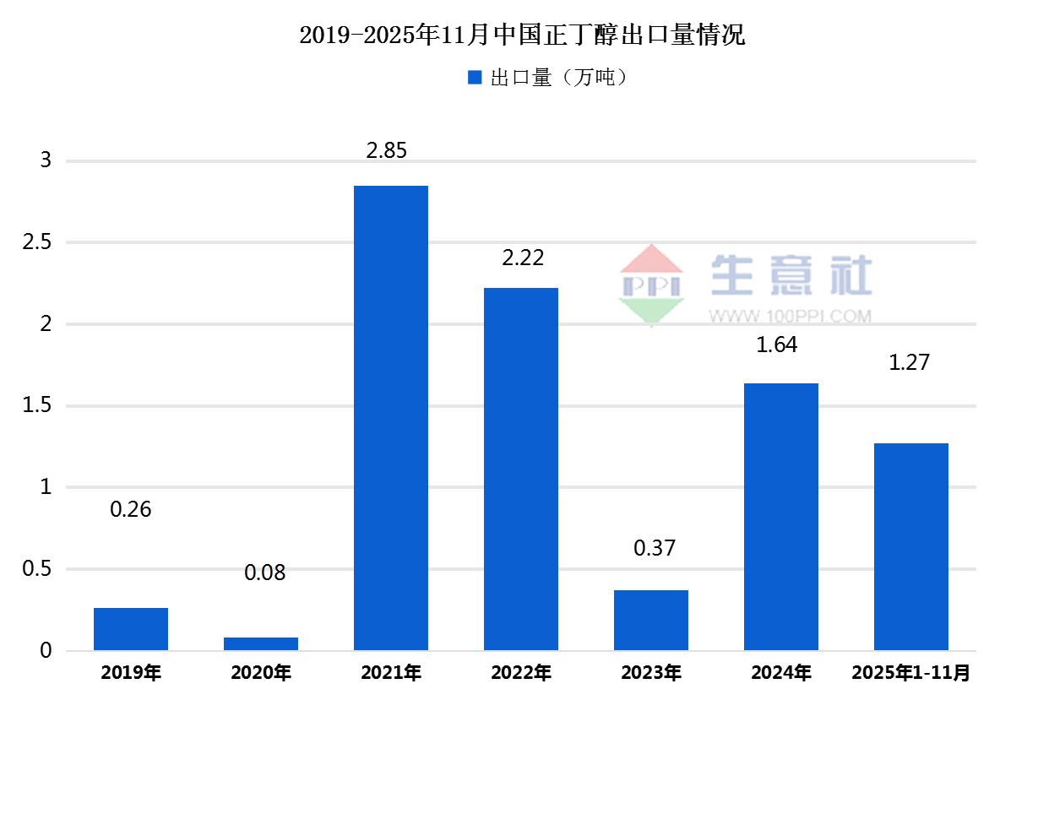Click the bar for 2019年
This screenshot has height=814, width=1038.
coord(131,629)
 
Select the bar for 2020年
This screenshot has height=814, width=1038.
coord(261,643)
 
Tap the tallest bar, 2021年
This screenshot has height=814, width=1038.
coord(391,418)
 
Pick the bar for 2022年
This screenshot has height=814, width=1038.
coord(521,469)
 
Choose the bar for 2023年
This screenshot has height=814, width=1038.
coord(651,620)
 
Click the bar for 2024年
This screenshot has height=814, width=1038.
coord(781,517)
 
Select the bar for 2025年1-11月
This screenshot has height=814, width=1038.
coord(911,546)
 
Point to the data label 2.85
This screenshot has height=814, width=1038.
coord(386,151)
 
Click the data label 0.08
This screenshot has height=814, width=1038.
coord(265,573)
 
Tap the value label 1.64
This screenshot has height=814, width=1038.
coord(777,345)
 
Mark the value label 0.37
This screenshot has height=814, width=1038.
coord(655,548)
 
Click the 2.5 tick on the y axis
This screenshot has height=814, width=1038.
coord(37,243)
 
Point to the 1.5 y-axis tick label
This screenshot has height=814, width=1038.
coord(37,406)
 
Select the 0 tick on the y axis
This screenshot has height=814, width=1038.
coord(46,651)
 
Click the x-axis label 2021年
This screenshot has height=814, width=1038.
coord(391,673)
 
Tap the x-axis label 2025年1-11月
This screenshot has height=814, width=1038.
coord(911,673)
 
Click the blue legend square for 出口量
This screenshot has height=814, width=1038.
coord(475,78)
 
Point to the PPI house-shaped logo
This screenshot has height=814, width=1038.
coord(651,285)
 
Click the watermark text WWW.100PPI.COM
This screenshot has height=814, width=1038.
coord(790,317)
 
